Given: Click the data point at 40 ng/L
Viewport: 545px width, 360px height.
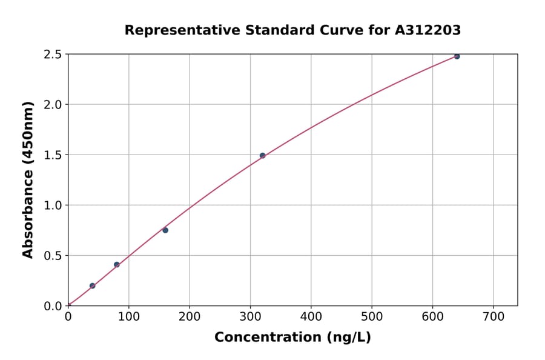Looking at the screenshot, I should [x=92, y=285].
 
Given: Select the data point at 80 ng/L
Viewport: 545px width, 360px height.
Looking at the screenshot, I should [x=116, y=264].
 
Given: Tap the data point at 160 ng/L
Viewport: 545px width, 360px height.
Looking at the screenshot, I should [x=165, y=230].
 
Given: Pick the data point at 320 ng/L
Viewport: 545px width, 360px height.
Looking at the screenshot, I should [x=262, y=155].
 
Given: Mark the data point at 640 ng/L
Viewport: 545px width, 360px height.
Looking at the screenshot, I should [x=457, y=56].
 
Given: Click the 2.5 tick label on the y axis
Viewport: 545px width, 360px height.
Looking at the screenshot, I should [x=53, y=55].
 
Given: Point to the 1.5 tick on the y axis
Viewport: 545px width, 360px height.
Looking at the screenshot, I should [x=53, y=155].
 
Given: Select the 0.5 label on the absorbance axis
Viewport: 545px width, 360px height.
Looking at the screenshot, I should [x=53, y=256].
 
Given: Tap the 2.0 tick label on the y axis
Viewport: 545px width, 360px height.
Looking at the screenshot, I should [x=53, y=105].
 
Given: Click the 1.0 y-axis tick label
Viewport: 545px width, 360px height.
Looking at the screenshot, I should [x=53, y=205].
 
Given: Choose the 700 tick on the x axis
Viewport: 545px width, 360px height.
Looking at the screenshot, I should [x=493, y=317].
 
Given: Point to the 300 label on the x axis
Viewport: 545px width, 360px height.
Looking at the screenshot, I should [x=250, y=317].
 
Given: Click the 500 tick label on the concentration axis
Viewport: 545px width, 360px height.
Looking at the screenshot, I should [x=372, y=317].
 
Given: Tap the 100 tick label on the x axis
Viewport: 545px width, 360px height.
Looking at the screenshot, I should [x=128, y=317].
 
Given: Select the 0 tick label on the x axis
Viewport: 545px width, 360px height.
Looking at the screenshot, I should [x=68, y=317].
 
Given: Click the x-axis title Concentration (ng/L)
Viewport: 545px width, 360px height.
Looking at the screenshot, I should [x=292, y=338].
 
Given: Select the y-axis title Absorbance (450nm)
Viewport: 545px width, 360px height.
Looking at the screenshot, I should [x=28, y=179].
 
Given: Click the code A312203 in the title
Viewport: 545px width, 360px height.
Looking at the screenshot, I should [x=428, y=30].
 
